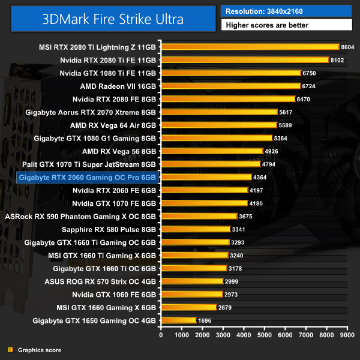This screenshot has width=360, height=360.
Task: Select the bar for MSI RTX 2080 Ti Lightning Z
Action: [250, 47]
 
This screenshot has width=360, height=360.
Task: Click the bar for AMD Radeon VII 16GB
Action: [230, 86]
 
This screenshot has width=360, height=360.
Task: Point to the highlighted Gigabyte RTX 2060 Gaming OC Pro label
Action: [88, 177]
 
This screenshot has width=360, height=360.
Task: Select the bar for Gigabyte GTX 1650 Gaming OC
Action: [178, 320]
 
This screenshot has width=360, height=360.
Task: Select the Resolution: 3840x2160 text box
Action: [286, 11]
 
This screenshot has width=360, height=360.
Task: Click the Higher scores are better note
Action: [286, 25]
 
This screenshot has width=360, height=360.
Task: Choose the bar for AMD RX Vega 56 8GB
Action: [212, 151]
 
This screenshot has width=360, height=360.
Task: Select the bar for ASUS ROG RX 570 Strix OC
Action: [191, 281]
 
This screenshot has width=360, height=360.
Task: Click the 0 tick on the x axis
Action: [161, 334]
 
